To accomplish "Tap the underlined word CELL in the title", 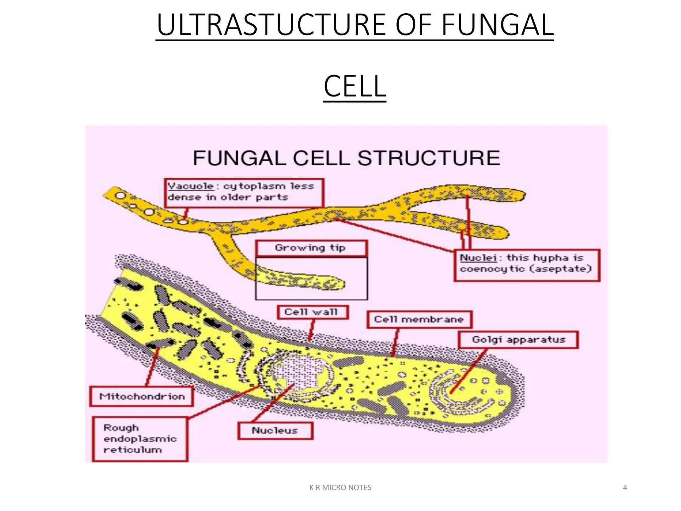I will (354, 86).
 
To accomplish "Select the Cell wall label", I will (312, 312).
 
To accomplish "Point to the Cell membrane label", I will (419, 319).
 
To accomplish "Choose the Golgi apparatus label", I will (518, 340).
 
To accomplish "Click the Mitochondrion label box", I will (142, 396).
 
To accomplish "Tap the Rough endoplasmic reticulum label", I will (140, 439).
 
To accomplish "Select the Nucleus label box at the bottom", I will (275, 430).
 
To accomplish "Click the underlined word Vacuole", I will (191, 186).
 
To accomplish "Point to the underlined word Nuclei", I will (478, 258).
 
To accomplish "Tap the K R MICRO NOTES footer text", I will (340, 488).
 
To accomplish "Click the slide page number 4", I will (625, 488).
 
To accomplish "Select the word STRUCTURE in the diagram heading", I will (429, 158).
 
